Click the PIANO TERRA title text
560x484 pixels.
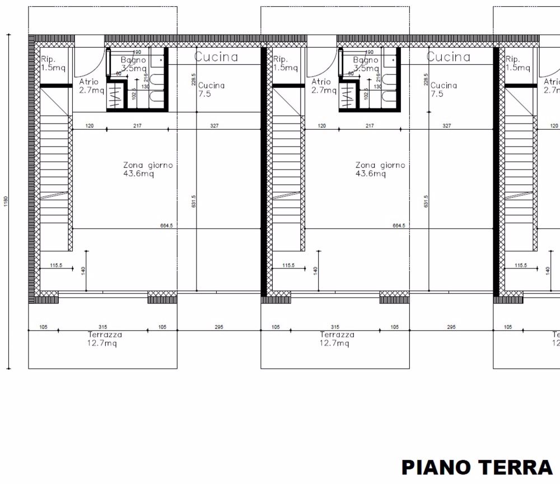tap(477, 467)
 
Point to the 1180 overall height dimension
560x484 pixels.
tap(5, 200)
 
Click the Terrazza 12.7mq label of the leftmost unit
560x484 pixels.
tap(105, 339)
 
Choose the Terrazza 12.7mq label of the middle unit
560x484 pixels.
tap(337, 339)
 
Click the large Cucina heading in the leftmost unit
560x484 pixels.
tap(216, 57)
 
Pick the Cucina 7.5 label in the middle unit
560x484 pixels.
tap(444, 90)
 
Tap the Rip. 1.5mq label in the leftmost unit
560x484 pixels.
tap(53, 63)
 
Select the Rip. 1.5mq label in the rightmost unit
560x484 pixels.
tap(517, 63)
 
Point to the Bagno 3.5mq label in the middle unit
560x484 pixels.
tap(366, 64)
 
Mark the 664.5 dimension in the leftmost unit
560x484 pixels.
tap(166, 225)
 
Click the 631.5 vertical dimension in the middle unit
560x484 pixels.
tap(426, 201)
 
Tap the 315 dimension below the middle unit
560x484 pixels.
tap(335, 327)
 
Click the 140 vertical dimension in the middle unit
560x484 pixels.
tap(315, 270)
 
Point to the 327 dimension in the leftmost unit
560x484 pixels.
tap(214, 126)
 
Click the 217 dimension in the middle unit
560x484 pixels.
tap(370, 126)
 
